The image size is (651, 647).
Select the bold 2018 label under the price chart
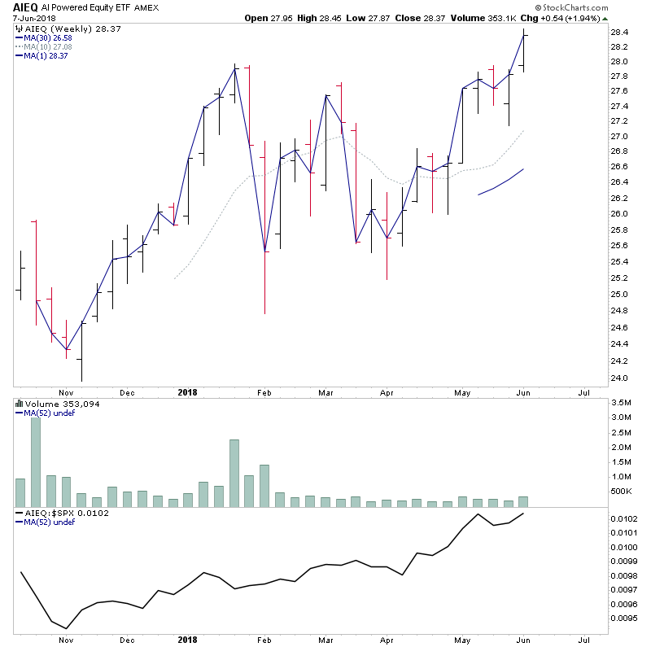tap(188, 392)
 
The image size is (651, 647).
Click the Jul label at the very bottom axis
tap(583, 640)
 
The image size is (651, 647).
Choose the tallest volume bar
tap(36, 461)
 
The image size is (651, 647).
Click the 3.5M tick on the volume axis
tap(623, 403)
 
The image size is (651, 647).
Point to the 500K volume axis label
tap(623, 492)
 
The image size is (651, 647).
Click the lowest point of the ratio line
tap(67, 628)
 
